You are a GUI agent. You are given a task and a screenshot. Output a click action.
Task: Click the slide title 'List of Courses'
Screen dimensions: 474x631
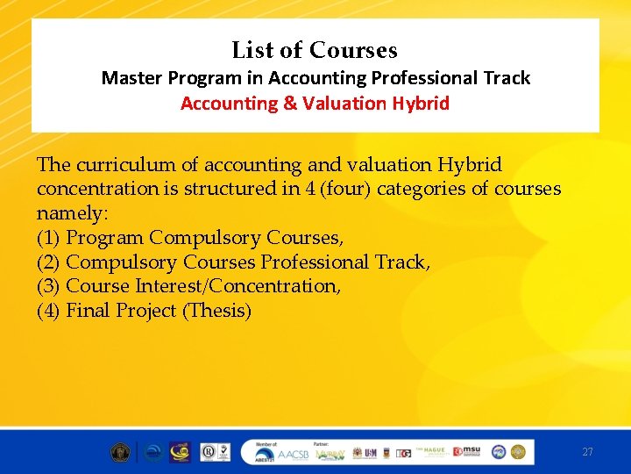pyautogui.click(x=315, y=50)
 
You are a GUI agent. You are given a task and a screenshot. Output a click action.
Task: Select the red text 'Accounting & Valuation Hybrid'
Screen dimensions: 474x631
pyautogui.click(x=315, y=104)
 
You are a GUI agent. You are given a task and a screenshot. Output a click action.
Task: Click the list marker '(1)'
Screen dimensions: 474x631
pyautogui.click(x=49, y=238)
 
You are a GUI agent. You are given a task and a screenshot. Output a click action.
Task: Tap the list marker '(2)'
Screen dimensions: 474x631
pyautogui.click(x=49, y=262)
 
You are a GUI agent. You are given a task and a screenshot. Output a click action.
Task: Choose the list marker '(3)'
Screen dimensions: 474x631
pyautogui.click(x=49, y=286)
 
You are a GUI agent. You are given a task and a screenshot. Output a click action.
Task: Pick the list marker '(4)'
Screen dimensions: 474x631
pyautogui.click(x=49, y=311)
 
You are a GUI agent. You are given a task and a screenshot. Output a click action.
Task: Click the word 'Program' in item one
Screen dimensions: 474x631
pyautogui.click(x=105, y=238)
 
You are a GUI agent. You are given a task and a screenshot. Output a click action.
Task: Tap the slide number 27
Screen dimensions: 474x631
pyautogui.click(x=587, y=452)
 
